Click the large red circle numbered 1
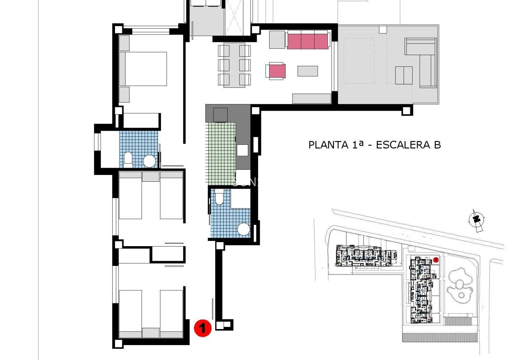point(203,328)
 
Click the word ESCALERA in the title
point(401,145)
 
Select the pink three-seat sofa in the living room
point(308,41)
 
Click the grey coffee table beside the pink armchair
point(308,71)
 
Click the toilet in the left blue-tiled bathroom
point(128,160)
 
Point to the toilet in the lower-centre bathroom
point(220,197)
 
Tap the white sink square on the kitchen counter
point(243,150)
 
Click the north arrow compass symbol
point(476,219)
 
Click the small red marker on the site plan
point(436,260)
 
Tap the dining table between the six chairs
point(234,66)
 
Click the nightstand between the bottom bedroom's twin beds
point(151,333)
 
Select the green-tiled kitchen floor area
point(220,153)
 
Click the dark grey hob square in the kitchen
point(220,115)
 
